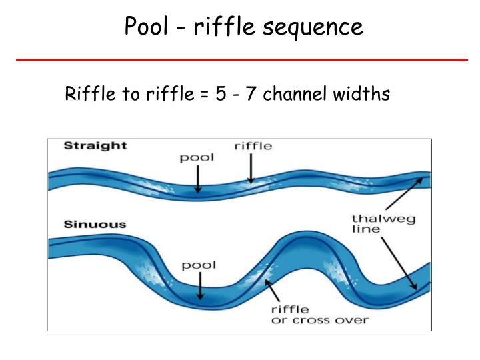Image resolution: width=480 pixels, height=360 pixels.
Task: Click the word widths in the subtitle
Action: pyautogui.click(x=360, y=95)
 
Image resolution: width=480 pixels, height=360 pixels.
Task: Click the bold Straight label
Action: pyautogui.click(x=95, y=146)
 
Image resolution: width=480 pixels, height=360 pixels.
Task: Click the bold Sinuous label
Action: pyautogui.click(x=95, y=224)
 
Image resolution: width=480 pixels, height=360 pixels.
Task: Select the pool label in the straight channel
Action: pyautogui.click(x=197, y=159)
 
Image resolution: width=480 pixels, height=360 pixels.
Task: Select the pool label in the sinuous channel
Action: pyautogui.click(x=199, y=265)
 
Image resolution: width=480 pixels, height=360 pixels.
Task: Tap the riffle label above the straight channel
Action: pyautogui.click(x=253, y=147)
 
